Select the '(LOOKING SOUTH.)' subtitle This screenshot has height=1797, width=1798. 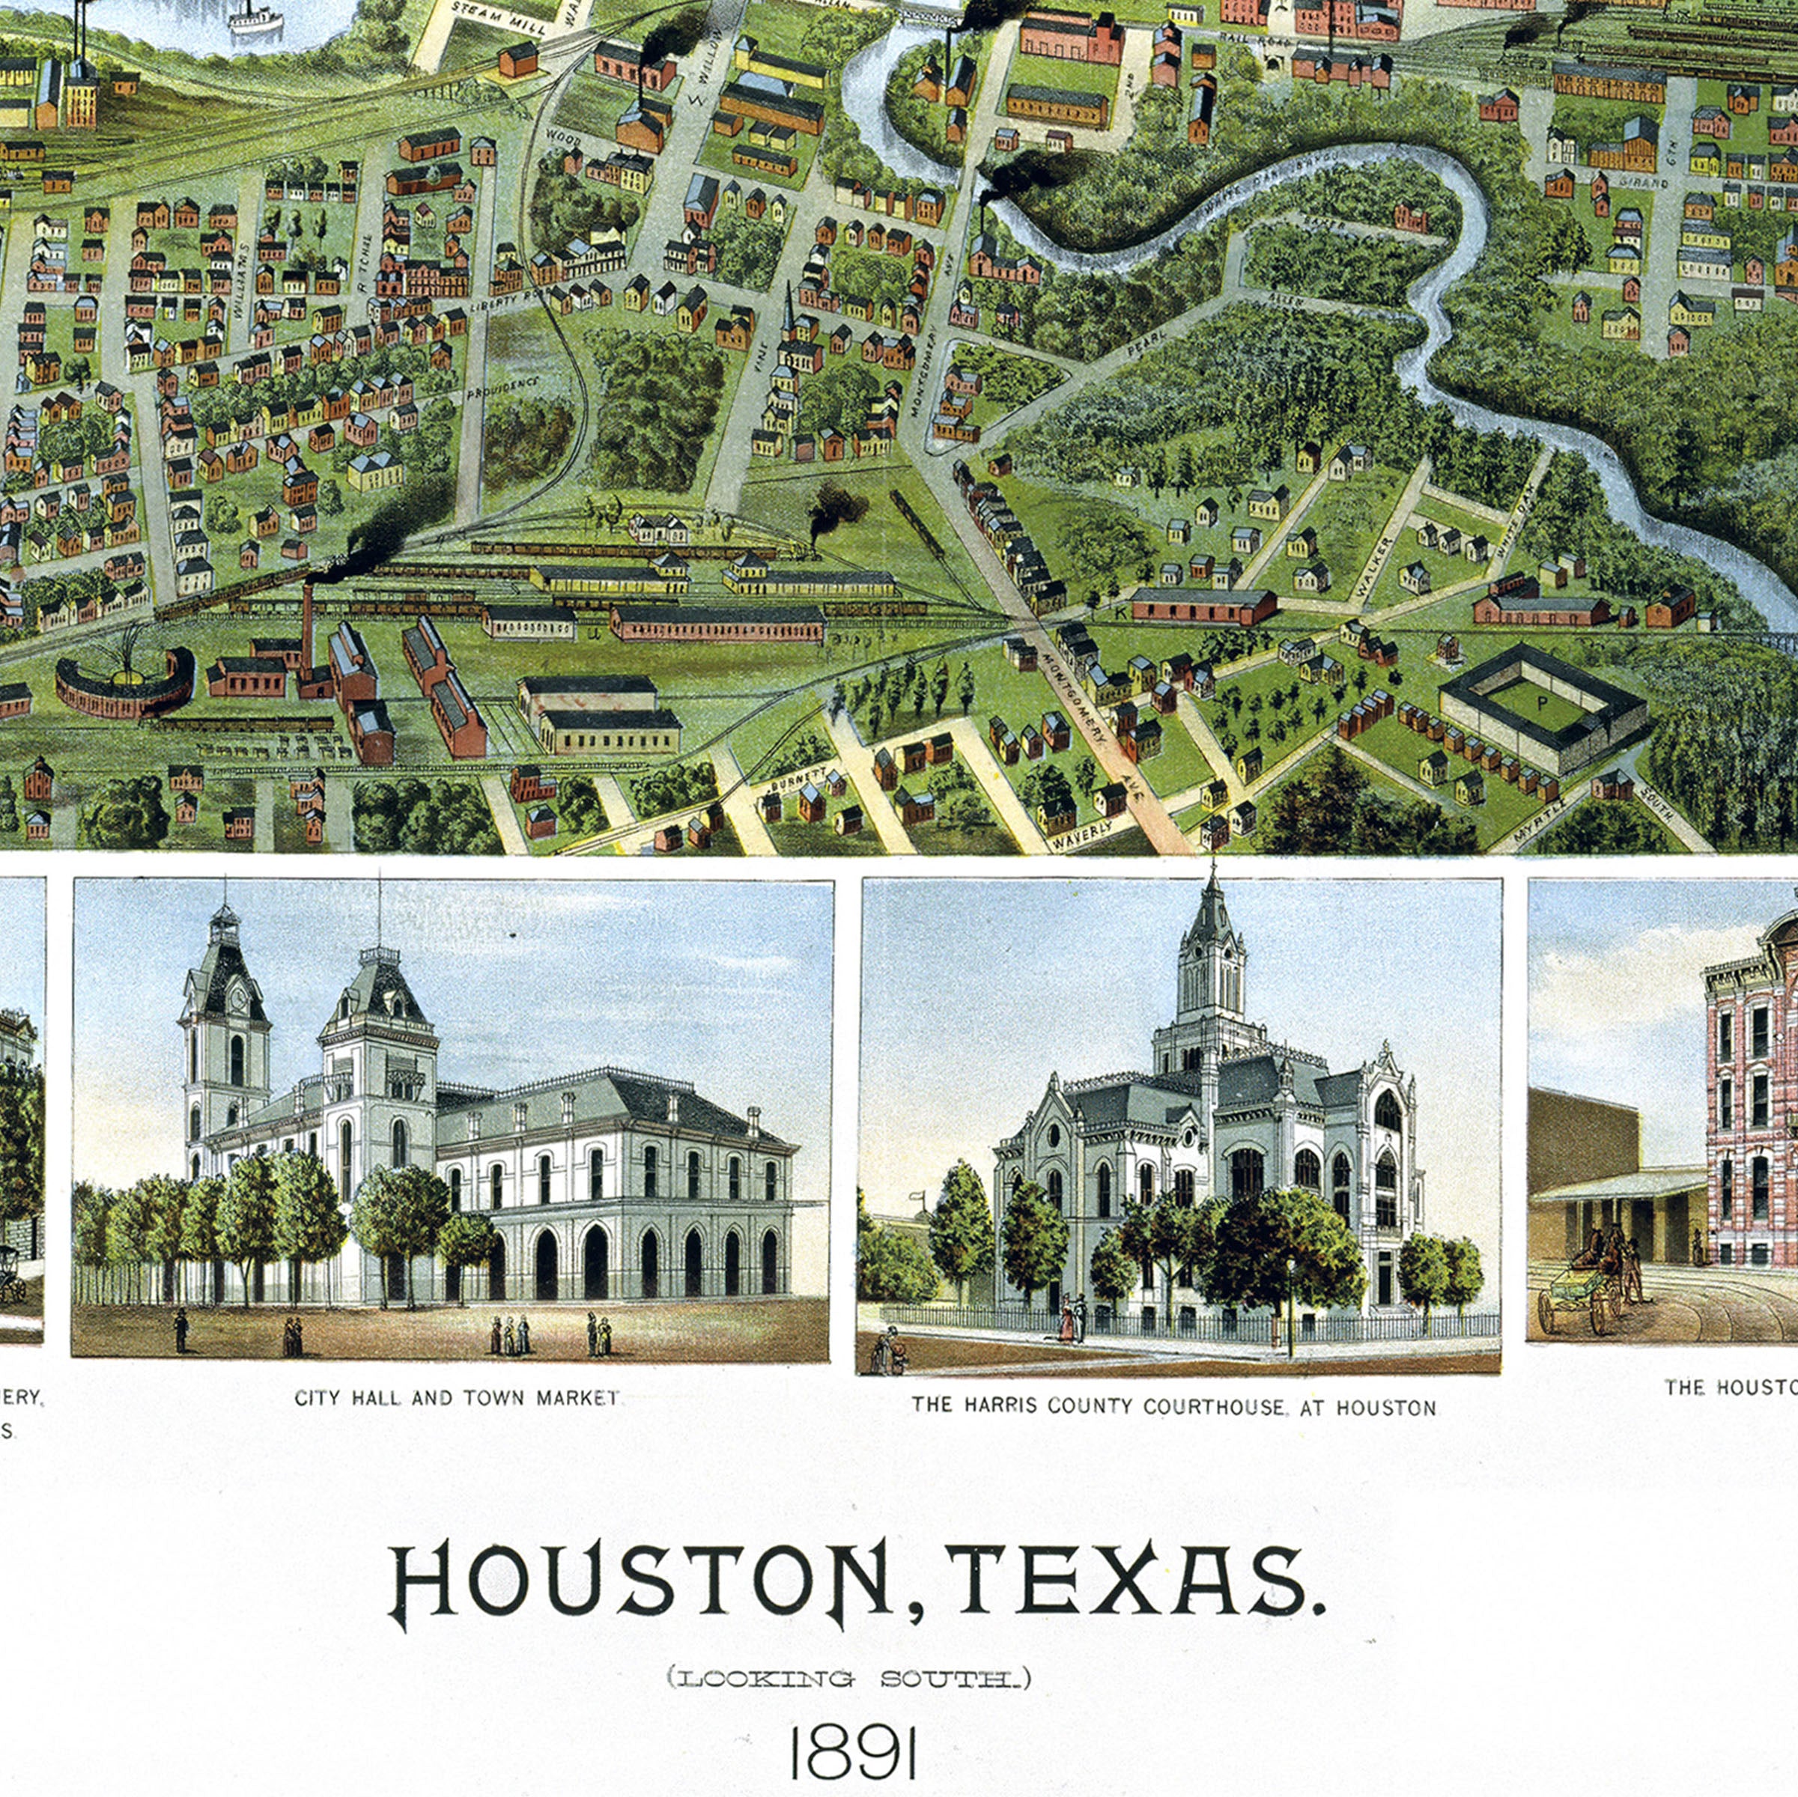(x=848, y=1679)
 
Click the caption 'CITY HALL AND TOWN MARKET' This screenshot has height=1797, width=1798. (x=456, y=1398)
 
